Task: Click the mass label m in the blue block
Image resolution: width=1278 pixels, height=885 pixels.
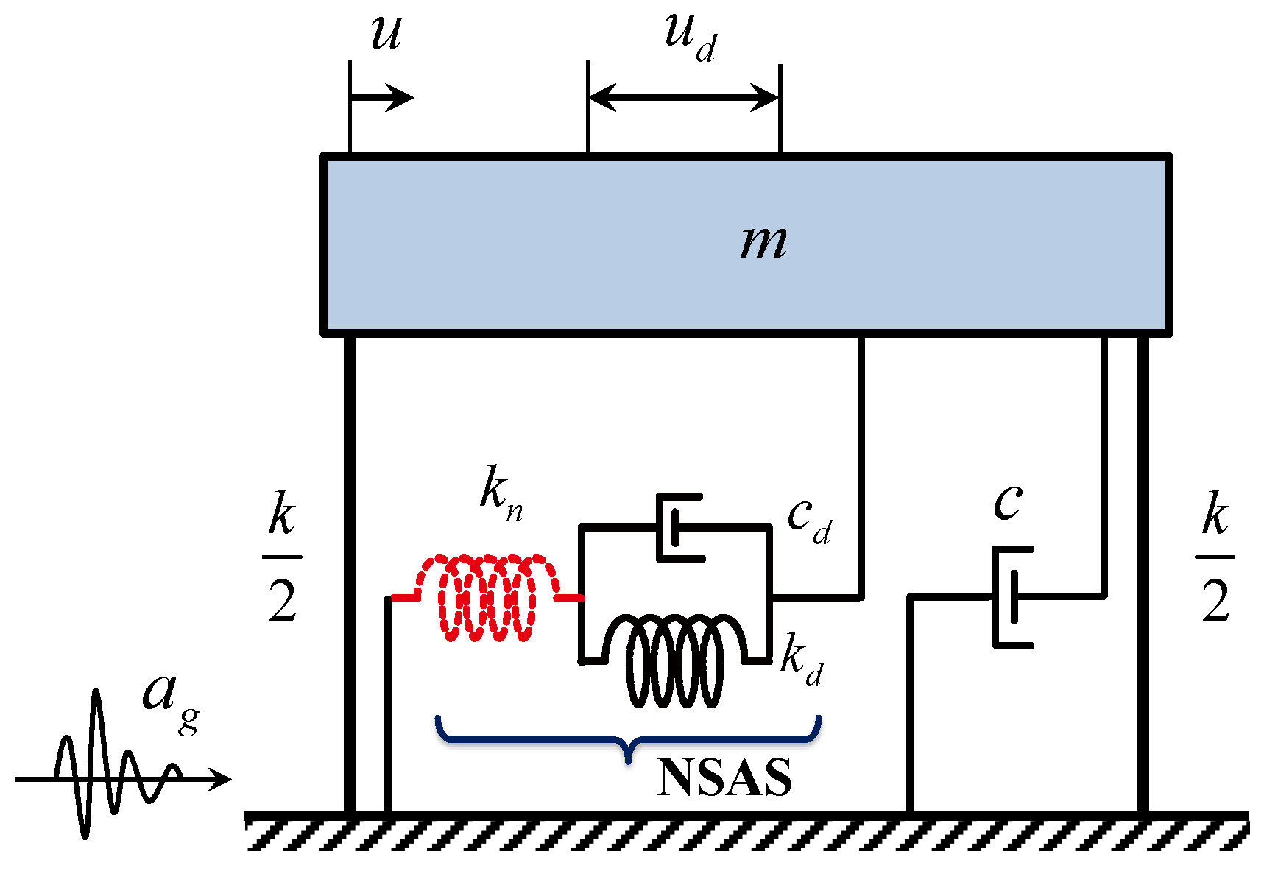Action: pos(763,243)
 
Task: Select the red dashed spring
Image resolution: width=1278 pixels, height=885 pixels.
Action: pos(487,598)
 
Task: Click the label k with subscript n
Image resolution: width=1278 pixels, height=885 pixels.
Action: pos(501,493)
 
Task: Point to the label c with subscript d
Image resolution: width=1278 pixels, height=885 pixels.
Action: pos(809,519)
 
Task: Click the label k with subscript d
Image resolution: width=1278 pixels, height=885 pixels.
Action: pos(801,659)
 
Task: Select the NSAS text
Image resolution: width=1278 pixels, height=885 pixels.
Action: pos(724,778)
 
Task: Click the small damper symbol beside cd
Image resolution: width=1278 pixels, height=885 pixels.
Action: pos(677,528)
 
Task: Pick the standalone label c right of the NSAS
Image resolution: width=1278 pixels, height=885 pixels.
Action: pos(1008,503)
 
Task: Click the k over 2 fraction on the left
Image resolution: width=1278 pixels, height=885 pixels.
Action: pos(283,557)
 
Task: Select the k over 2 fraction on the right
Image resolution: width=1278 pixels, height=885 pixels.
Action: pos(1215,557)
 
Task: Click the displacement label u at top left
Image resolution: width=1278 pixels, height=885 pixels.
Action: pos(386,33)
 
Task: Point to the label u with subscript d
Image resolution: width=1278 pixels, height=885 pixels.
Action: pos(689,37)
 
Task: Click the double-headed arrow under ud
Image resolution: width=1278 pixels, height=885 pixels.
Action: pos(684,97)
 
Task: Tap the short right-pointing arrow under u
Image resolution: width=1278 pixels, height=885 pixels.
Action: pos(381,97)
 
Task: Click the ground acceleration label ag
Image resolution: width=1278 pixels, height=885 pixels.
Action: pos(169,699)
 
